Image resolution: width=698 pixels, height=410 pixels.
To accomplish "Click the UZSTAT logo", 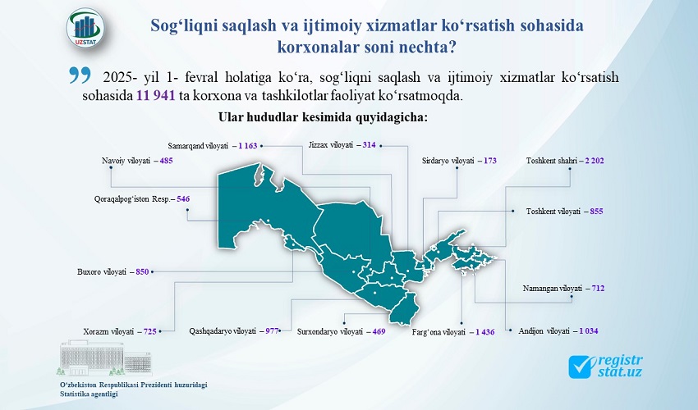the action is (x=85, y=28).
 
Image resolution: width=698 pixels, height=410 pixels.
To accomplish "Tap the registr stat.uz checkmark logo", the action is (x=605, y=366).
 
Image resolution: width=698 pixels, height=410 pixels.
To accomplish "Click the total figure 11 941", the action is (x=155, y=96).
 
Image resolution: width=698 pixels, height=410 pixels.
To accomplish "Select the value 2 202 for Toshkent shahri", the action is (x=595, y=161).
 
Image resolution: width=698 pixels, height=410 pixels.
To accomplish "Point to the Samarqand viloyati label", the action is (x=198, y=145).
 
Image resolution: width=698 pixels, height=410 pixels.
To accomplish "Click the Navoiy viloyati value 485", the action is (x=166, y=161).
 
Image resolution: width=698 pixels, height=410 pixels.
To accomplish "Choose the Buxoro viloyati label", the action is (x=102, y=271).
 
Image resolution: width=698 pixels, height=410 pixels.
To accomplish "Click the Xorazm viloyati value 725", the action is (x=150, y=331).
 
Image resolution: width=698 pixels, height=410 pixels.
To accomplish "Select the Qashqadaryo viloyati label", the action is (x=223, y=331).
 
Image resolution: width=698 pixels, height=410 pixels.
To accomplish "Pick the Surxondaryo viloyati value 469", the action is (x=379, y=331).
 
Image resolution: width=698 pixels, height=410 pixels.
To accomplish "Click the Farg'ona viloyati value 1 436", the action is (x=484, y=332).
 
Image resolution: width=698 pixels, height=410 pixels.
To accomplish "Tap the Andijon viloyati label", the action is (x=544, y=331).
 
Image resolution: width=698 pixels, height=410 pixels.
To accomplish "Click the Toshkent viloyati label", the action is (x=553, y=212).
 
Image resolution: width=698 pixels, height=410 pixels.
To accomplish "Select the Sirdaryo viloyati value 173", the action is (x=490, y=161).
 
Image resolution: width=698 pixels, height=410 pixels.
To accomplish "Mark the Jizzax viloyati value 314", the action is (x=369, y=144).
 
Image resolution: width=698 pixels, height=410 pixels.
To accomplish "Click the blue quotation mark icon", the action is (x=80, y=75).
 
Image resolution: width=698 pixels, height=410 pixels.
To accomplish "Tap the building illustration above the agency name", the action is (x=105, y=358).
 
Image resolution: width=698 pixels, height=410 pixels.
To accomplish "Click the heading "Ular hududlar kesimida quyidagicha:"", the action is (x=324, y=117).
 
